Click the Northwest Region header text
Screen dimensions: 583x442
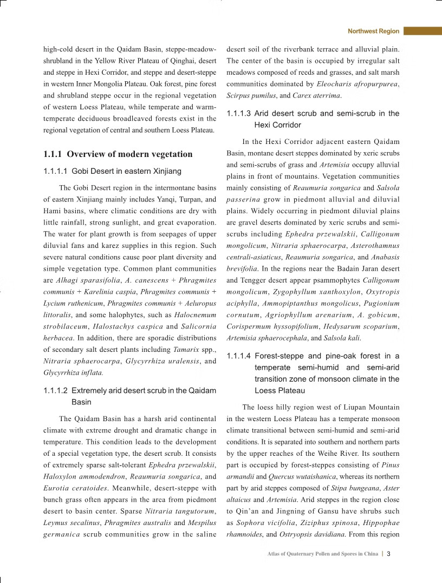pos(373,31)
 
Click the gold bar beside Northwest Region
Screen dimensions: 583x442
pos(422,31)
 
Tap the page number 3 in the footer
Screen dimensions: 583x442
pos(396,554)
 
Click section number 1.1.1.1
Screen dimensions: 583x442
pos(55,171)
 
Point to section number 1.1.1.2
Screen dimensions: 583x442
pos(55,390)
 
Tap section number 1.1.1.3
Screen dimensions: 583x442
pos(238,113)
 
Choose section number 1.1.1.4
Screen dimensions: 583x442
pos(238,356)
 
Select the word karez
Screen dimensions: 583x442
pos(99,245)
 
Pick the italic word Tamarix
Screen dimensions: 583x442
pos(185,350)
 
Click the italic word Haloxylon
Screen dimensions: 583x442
pos(59,476)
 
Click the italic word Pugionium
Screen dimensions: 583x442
pos(382,304)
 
